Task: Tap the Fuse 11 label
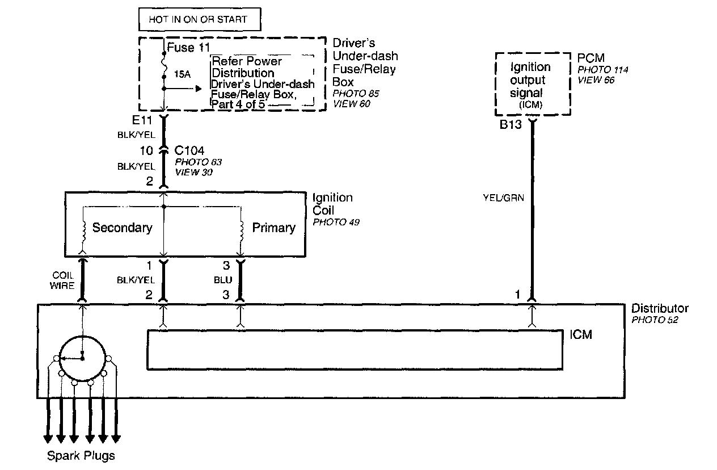point(189,48)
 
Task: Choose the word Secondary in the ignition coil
point(122,228)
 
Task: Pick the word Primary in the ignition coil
point(273,228)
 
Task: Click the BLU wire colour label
point(223,279)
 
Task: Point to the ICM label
point(580,334)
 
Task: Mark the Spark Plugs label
point(81,455)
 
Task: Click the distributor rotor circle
point(83,358)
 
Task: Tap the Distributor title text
point(660,308)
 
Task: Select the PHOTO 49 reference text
point(336,222)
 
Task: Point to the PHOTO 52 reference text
point(654,320)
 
